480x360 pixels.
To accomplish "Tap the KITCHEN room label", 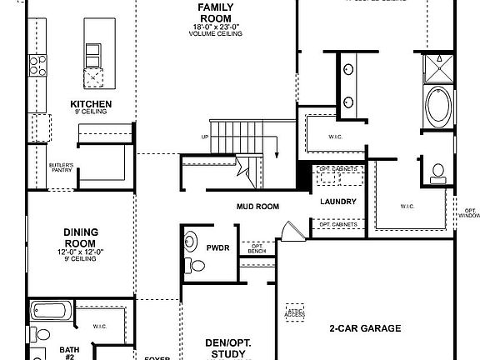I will click(x=91, y=104).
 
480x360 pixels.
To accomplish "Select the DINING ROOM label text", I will click(x=81, y=238).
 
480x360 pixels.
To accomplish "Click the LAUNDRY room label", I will click(x=338, y=202).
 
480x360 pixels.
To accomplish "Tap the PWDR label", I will click(x=218, y=247).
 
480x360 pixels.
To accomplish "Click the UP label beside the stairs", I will click(x=205, y=136).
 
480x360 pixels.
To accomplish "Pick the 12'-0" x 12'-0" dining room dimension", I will click(x=81, y=252).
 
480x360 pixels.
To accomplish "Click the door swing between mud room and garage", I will click(x=287, y=231).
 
